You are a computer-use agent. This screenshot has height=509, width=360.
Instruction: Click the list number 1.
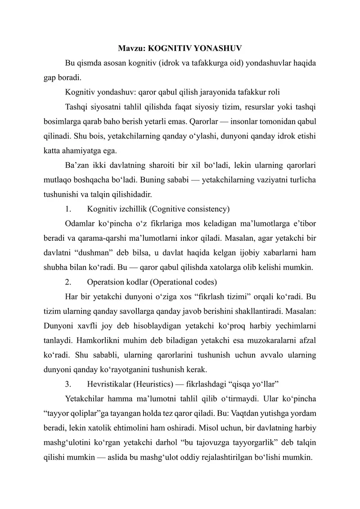pos(68,209)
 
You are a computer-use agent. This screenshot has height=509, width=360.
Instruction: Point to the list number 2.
pos(68,283)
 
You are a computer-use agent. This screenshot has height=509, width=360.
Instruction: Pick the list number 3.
pos(68,385)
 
